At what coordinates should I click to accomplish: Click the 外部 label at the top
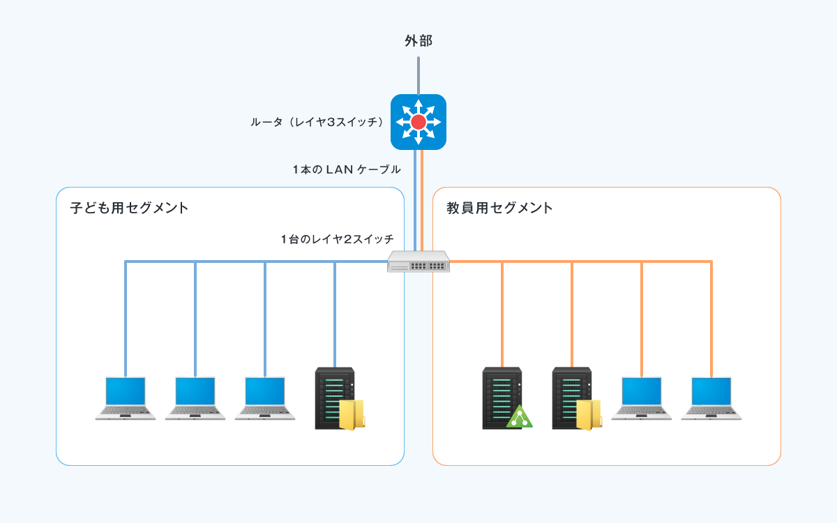pos(418,40)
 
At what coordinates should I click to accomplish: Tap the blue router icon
pos(418,122)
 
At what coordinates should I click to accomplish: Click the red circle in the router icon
pos(418,122)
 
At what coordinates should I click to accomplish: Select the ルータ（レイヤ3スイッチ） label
pos(317,122)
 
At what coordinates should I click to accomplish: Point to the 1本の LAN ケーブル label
pos(347,169)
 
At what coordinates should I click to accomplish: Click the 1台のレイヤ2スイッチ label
pos(337,239)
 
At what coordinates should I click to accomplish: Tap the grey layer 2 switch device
pos(418,261)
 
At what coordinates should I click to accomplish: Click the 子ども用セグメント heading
pos(129,208)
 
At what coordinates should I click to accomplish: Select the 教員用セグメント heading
pos(499,208)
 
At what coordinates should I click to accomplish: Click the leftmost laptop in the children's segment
pos(125,398)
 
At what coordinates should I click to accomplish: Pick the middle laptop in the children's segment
pos(195,398)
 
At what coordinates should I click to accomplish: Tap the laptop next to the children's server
pos(265,398)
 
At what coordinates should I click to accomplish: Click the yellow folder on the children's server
pos(352,415)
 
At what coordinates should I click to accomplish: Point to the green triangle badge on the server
pos(520,418)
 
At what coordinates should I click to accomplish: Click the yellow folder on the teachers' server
pos(589,415)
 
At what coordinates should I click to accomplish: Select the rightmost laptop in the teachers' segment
pos(711,398)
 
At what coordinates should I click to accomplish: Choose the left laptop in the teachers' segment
pos(641,398)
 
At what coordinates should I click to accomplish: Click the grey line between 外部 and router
pos(418,76)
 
